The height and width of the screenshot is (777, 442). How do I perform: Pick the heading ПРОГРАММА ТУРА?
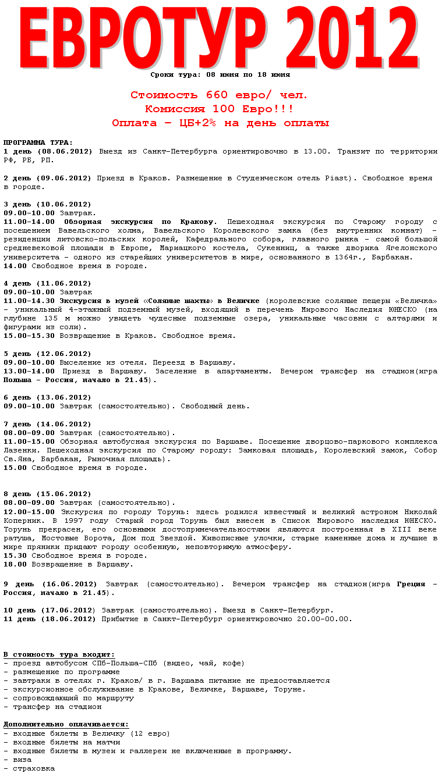pos(38,142)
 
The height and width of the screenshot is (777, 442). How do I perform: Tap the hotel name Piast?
pos(334,177)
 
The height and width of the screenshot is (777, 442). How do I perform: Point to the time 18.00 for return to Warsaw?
pos(15,564)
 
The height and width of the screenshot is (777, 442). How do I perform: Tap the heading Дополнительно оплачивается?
pos(66,724)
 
